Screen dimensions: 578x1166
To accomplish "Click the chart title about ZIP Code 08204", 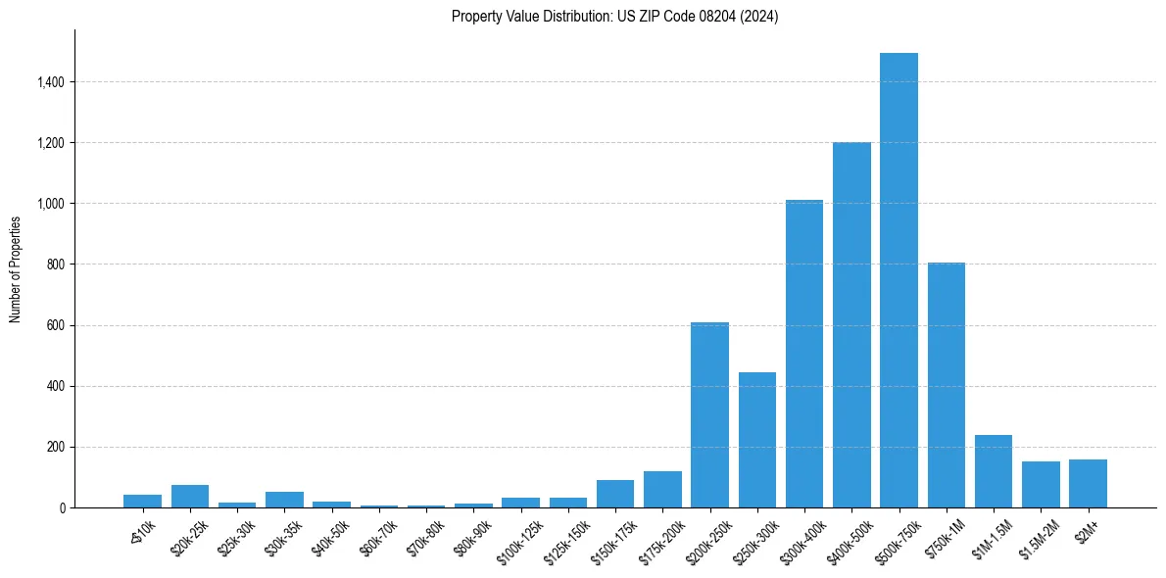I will pos(614,17).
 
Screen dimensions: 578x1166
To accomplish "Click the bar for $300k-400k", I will pos(804,354).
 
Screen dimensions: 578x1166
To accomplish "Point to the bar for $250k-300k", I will pos(757,440).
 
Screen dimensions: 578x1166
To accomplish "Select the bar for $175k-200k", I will pos(662,489).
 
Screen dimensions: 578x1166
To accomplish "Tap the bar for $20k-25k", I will pos(190,496).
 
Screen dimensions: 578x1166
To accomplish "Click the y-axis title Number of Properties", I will pos(16,268).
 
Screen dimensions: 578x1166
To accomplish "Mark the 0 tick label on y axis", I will pos(63,507).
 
